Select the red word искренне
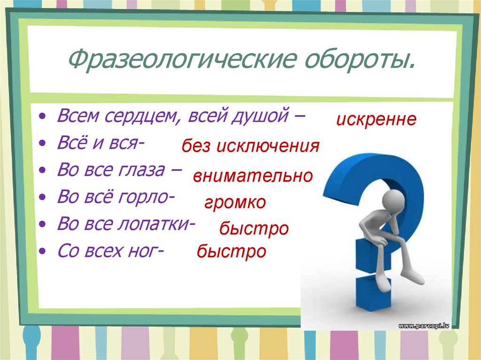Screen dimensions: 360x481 click(376, 119)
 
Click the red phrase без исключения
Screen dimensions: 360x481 click(251, 147)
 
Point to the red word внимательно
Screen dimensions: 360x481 click(253, 176)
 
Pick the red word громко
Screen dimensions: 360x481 click(235, 203)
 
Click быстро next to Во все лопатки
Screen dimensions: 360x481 click(254, 229)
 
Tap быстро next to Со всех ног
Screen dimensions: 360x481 click(232, 252)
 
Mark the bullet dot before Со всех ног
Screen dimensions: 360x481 click(43, 252)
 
